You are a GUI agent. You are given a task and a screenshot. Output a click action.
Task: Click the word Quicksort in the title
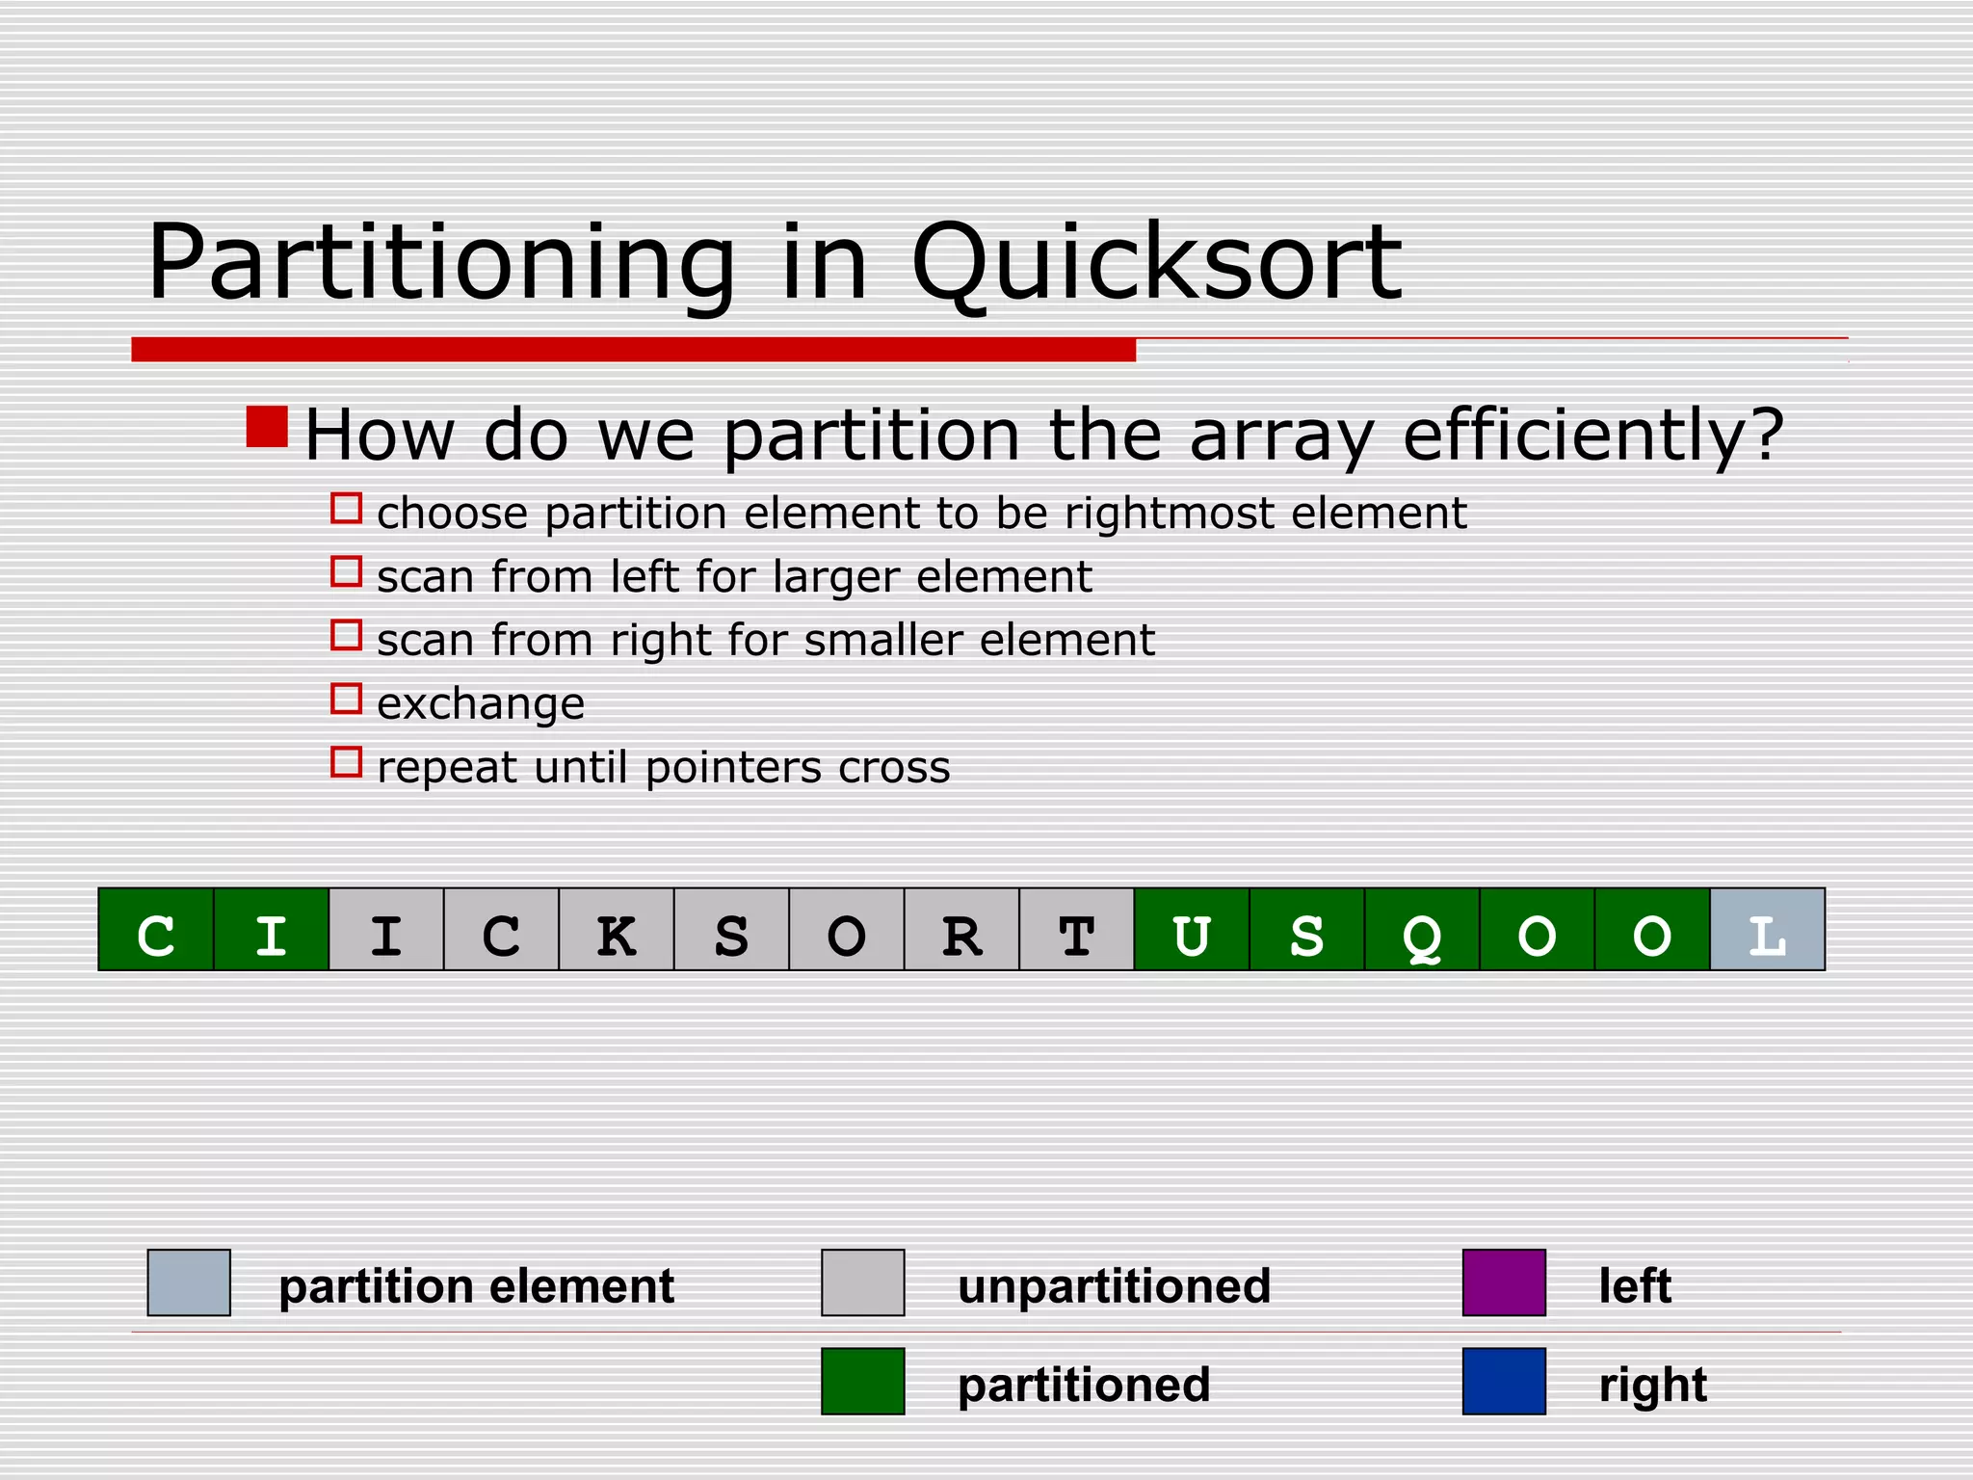click(x=1156, y=263)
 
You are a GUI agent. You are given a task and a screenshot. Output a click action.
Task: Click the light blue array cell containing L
click(x=1767, y=930)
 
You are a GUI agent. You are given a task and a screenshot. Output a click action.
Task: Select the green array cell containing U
click(x=1192, y=930)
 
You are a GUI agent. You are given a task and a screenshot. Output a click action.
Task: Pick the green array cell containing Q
click(x=1422, y=930)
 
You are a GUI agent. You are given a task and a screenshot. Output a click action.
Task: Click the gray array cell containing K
click(x=617, y=930)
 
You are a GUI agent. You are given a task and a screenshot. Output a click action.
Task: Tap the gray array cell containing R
click(x=961, y=930)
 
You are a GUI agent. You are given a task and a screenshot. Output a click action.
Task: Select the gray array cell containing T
click(x=1076, y=930)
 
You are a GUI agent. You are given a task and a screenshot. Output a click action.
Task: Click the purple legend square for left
click(x=1504, y=1282)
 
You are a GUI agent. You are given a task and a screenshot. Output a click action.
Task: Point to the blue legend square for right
click(x=1504, y=1381)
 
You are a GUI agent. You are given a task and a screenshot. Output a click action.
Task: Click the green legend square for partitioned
click(x=862, y=1381)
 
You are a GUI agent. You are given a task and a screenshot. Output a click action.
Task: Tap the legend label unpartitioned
click(x=1114, y=1286)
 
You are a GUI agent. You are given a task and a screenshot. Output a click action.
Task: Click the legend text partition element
click(x=476, y=1286)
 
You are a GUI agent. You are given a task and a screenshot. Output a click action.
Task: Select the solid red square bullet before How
click(x=267, y=427)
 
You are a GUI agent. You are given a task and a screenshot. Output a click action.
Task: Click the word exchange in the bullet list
click(x=481, y=704)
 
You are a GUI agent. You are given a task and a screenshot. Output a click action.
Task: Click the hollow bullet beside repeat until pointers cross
click(x=346, y=762)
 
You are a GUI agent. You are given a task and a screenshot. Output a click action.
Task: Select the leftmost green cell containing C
click(x=156, y=930)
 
